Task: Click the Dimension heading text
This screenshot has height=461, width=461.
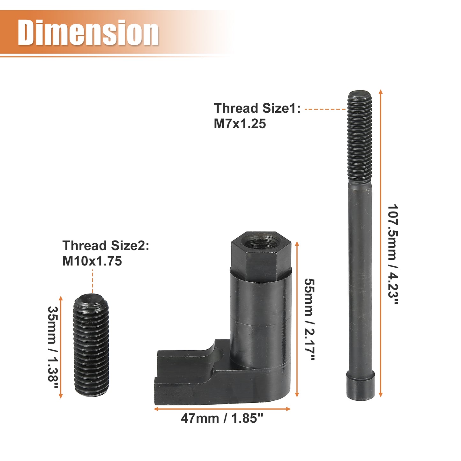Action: pos(88,33)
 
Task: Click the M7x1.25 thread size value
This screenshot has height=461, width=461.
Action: pos(240,124)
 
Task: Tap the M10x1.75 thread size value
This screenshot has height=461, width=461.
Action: pos(92,261)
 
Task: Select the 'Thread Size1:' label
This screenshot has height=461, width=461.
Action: pos(257,108)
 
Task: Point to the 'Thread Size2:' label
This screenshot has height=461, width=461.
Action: pos(106,245)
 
